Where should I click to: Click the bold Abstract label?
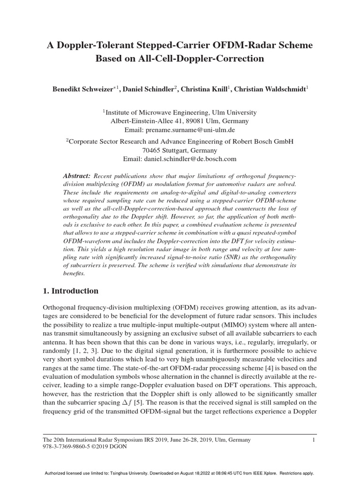point(76,175)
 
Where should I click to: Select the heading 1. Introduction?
point(70,291)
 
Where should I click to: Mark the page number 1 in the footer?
point(313,440)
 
